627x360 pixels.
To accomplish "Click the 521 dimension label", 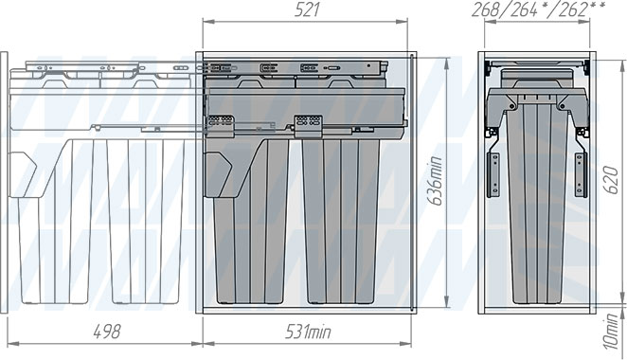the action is (307, 10).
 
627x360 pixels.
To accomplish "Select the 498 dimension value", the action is (107, 332).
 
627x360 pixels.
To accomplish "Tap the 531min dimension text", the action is (308, 332).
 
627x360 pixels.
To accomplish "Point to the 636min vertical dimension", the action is (437, 181).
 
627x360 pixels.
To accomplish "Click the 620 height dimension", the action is (612, 180).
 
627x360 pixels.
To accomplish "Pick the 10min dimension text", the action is (612, 332).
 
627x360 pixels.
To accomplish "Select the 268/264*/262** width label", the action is (539, 9).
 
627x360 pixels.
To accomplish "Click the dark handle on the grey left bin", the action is (218, 174).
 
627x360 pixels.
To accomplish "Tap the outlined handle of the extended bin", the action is (23, 174).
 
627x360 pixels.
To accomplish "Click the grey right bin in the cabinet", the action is (341, 221).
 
